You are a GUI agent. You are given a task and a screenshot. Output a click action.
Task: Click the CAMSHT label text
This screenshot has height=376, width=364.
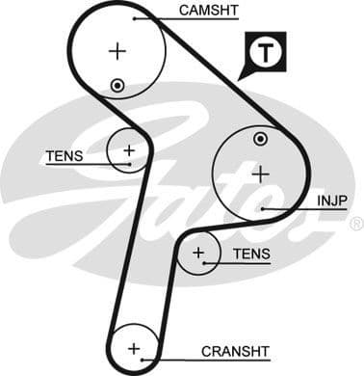[x=208, y=13]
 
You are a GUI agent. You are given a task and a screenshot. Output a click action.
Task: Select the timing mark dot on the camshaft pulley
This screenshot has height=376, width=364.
[x=117, y=85]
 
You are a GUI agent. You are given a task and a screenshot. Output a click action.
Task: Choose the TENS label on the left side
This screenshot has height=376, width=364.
[x=64, y=155]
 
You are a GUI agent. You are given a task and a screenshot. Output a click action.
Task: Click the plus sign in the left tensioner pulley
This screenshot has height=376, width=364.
[x=128, y=150]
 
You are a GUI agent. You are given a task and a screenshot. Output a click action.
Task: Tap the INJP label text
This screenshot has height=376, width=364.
[x=331, y=201]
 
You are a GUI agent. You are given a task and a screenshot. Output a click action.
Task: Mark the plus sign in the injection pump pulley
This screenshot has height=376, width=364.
[x=259, y=174]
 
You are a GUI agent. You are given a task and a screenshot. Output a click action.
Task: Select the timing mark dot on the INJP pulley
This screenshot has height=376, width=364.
[x=259, y=140]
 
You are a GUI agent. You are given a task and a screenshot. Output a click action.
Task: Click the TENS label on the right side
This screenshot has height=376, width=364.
[x=251, y=255]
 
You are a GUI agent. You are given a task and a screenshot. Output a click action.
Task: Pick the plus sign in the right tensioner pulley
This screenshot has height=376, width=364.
[x=198, y=254]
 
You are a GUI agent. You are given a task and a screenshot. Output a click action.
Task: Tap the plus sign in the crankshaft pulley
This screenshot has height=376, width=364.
[x=134, y=348]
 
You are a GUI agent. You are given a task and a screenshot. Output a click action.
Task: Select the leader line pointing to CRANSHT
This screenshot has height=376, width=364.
[x=173, y=356]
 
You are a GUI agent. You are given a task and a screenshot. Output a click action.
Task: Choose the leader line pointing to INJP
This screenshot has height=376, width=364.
[x=289, y=207]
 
